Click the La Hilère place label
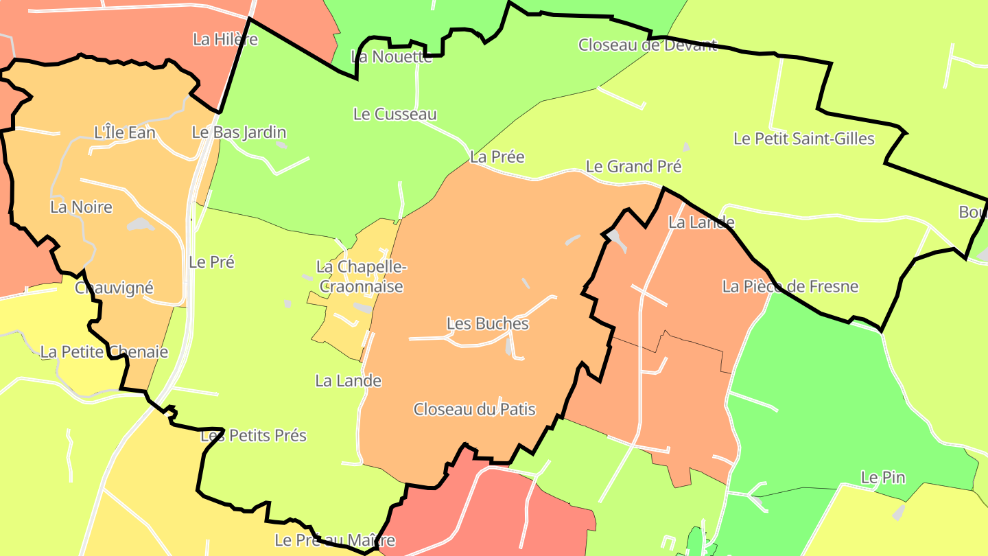click(x=225, y=39)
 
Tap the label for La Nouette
click(x=392, y=56)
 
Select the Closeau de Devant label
click(x=647, y=45)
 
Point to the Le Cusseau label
click(x=395, y=114)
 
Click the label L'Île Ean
click(x=124, y=132)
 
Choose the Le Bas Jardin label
click(x=239, y=132)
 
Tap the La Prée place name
click(x=497, y=157)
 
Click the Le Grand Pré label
click(x=633, y=166)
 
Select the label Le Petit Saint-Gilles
click(x=804, y=139)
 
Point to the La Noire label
click(x=81, y=207)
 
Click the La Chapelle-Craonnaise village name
click(x=361, y=277)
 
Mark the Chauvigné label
click(x=114, y=288)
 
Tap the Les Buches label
click(x=488, y=323)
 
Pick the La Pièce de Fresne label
click(x=790, y=286)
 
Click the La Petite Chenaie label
click(x=104, y=352)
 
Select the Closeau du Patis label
click(x=474, y=410)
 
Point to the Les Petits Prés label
click(x=253, y=436)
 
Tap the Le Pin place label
click(x=883, y=477)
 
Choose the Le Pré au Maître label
click(x=335, y=540)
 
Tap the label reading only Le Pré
click(x=211, y=262)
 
